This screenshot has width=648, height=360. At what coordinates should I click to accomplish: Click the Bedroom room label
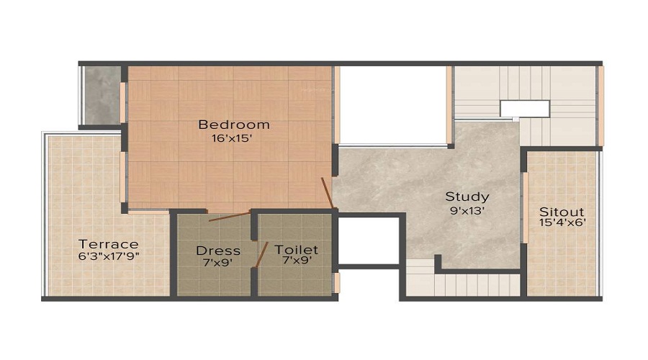pos(233,125)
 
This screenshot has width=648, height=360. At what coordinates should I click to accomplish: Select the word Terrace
pos(109,243)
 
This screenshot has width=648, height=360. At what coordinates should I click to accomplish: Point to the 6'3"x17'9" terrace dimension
pos(109,255)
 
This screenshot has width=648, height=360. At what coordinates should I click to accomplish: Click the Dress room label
pos(218,251)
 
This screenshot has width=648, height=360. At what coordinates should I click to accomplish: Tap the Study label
pos(467,197)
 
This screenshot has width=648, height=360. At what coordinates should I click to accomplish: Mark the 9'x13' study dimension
pos(467,211)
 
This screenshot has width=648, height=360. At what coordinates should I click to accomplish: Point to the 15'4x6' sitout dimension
pos(562,223)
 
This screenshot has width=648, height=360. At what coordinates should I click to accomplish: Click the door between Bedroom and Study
pos(327,192)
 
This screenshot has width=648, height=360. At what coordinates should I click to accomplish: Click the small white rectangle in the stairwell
pos(525,109)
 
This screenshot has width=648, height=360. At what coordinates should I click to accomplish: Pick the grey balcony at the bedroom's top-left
pos(101,96)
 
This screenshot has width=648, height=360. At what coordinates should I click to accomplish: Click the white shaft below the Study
pos(368,240)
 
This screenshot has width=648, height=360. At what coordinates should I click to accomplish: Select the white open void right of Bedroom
pos(392,104)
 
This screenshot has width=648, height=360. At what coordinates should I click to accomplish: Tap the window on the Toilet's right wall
pos(336,282)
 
